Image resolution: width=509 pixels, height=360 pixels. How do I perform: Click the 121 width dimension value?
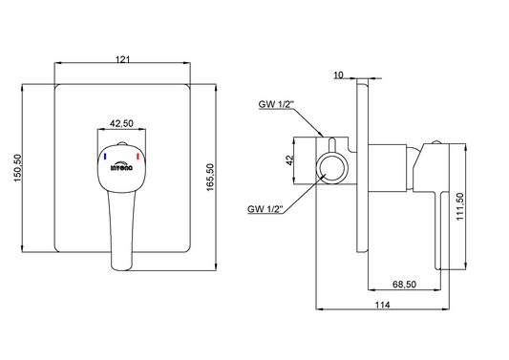pyautogui.click(x=122, y=59)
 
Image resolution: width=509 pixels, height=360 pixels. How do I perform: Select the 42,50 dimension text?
pyautogui.click(x=121, y=123)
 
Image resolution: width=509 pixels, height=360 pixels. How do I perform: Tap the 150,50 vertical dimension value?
pyautogui.click(x=17, y=168)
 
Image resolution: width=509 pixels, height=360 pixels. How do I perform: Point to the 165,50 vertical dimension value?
pyautogui.click(x=210, y=178)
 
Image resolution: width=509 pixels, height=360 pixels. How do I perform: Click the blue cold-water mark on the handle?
pyautogui.click(x=105, y=157)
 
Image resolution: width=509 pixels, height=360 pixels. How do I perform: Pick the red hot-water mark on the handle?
pyautogui.click(x=138, y=157)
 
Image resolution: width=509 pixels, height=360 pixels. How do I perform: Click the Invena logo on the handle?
pyautogui.click(x=121, y=166)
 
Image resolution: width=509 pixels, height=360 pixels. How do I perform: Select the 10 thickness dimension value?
pyautogui.click(x=338, y=75)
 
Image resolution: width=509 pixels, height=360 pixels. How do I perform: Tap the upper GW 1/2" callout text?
pyautogui.click(x=276, y=104)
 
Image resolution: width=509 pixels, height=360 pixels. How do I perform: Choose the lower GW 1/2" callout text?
pyautogui.click(x=265, y=209)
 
